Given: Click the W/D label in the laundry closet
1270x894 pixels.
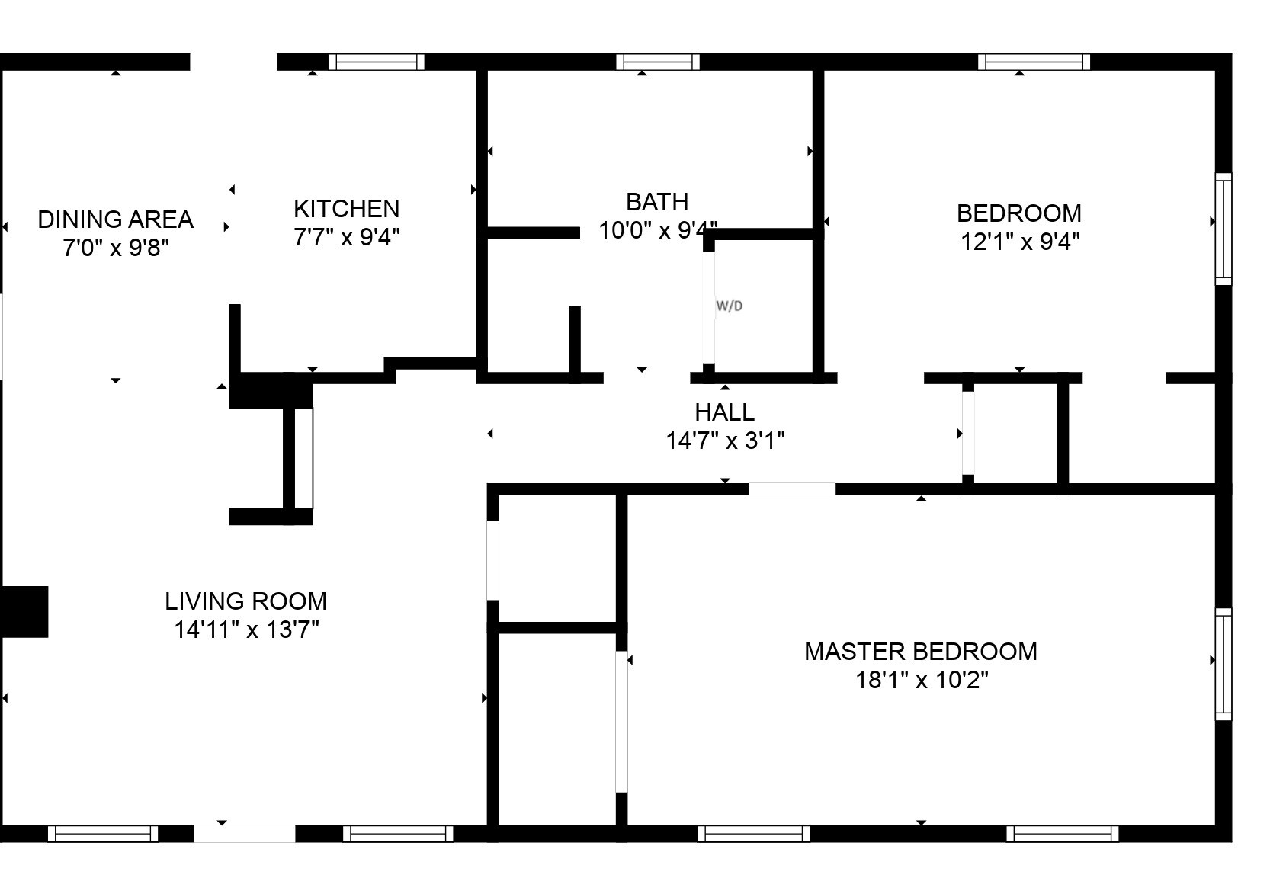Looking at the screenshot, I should pos(729,306).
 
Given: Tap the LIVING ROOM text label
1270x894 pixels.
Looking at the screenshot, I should pos(245,601).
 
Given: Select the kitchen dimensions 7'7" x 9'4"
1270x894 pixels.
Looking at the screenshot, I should pos(346,237).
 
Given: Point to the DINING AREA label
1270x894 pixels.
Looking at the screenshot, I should pos(115,219).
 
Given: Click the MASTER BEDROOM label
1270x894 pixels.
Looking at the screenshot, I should pos(920,652).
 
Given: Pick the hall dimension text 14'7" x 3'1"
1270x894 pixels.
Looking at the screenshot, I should pos(725,441).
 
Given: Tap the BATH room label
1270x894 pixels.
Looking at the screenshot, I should pos(656,202).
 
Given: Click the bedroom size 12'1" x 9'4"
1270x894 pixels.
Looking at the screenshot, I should pos(1019,242).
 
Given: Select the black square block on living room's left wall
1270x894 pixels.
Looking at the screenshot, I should pos(24,611).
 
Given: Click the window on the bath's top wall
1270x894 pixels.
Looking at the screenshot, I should pos(657,62).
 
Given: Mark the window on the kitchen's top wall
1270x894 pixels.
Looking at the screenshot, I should pos(376,62).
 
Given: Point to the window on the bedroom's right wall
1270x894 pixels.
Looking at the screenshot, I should pos(1223,229).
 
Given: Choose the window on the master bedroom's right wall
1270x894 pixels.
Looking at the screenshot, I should pos(1223,664).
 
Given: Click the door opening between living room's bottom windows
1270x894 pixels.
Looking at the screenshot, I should pos(244,834).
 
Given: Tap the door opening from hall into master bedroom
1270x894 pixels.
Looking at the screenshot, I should pos(791,489).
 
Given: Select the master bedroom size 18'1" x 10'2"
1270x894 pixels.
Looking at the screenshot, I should pos(921,680).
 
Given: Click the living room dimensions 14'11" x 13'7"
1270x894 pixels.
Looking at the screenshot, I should pos(245,630).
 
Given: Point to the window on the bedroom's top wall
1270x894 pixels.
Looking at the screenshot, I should pos(1034,62).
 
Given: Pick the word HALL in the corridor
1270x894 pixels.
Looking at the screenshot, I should pos(724,412).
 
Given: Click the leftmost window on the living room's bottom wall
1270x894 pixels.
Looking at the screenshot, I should pos(103,834).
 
